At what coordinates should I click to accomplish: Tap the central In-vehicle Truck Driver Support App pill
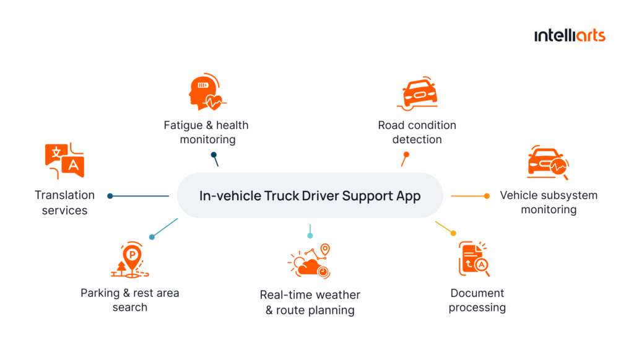(x=310, y=196)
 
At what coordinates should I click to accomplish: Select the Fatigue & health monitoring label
(x=206, y=132)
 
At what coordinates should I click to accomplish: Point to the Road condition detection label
(x=417, y=132)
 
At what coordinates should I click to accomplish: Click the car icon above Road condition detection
(x=417, y=94)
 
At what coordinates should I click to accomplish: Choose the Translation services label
(x=64, y=203)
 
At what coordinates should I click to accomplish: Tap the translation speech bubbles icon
(x=64, y=160)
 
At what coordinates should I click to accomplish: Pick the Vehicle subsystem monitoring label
(x=549, y=202)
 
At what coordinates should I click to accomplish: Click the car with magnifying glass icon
(x=547, y=164)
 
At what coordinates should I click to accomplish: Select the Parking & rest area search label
(x=130, y=300)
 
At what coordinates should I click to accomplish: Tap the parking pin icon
(x=131, y=260)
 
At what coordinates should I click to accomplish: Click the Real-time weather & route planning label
(x=310, y=302)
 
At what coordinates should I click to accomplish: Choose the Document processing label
(x=477, y=300)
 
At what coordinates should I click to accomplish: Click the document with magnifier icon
(x=474, y=259)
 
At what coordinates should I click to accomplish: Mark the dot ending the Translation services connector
(x=110, y=196)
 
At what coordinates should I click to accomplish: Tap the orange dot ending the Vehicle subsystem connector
(x=487, y=196)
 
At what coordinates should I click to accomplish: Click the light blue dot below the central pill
(x=310, y=235)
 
